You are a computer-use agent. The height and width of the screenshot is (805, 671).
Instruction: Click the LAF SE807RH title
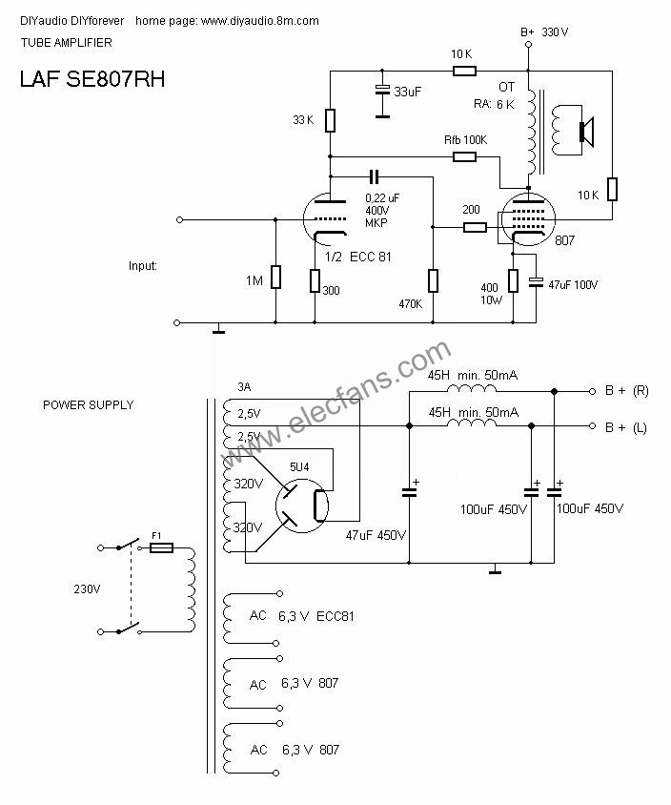(92, 79)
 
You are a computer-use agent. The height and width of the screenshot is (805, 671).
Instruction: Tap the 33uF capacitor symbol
(382, 90)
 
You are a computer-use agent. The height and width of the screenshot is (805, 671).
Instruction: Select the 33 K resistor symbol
(330, 120)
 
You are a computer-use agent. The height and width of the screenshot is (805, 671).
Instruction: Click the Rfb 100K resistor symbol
(464, 156)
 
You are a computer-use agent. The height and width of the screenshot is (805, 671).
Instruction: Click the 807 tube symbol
(527, 219)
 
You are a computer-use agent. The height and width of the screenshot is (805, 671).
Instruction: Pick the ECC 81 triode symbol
(327, 219)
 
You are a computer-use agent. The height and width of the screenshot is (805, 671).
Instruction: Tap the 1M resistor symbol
(276, 277)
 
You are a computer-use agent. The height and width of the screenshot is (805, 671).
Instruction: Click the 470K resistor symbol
(433, 280)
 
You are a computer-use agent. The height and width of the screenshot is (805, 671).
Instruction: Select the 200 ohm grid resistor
(475, 227)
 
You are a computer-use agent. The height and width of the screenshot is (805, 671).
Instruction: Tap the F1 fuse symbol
(161, 547)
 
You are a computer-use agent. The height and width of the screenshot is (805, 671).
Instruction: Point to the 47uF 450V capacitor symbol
(410, 493)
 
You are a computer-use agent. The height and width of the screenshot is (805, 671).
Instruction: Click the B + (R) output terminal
(592, 391)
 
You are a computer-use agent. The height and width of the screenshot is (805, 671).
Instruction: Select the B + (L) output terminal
(592, 426)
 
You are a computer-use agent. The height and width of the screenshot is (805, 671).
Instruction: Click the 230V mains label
(87, 588)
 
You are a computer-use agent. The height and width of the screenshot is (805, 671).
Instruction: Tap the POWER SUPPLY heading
(89, 405)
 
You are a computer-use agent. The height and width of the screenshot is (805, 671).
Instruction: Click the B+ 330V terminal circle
(528, 44)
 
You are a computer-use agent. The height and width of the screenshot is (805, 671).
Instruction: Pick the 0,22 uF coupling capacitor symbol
(375, 177)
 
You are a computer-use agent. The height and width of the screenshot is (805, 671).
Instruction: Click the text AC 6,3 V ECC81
(301, 616)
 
